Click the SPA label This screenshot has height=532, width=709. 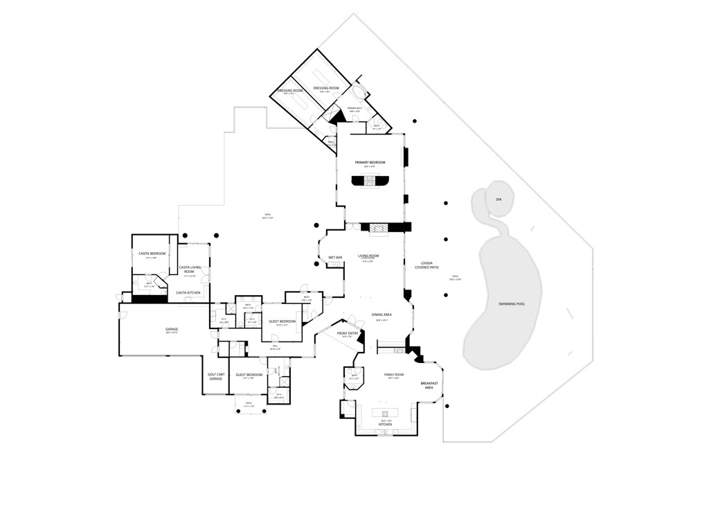click(498, 199)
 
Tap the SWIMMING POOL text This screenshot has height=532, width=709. click(512, 304)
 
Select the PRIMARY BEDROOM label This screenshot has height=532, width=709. click(370, 163)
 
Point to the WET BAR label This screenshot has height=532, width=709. click(335, 258)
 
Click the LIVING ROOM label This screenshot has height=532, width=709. click(368, 256)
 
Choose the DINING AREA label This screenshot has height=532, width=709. click(382, 314)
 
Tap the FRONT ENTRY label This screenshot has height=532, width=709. click(348, 333)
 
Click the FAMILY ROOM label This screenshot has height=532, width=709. click(394, 375)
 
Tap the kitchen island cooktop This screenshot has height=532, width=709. click(385, 413)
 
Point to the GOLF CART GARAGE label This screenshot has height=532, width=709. click(215, 377)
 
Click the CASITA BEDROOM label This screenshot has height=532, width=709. click(152, 254)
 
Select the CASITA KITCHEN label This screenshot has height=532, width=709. click(188, 293)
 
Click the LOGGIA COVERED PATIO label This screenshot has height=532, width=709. click(427, 265)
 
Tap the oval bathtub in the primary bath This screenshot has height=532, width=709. click(358, 94)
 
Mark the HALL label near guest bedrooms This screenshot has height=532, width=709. click(274, 345)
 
